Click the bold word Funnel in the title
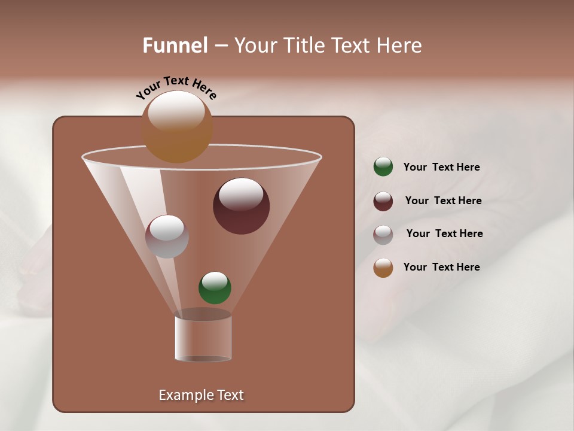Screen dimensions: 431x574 (x=175, y=45)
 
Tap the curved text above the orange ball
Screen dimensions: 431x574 (x=176, y=87)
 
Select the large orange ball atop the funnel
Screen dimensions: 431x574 (x=177, y=128)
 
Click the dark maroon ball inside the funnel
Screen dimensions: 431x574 (x=241, y=207)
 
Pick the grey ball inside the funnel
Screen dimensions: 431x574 (x=167, y=236)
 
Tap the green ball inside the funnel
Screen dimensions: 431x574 (x=215, y=287)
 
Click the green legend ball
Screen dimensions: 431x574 (x=383, y=167)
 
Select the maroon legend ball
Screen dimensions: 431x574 (x=383, y=201)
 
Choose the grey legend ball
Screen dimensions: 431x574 (x=383, y=234)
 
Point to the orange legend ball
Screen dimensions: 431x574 (x=383, y=268)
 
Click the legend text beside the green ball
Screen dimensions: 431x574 (x=441, y=167)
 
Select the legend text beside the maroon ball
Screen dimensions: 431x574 (x=443, y=201)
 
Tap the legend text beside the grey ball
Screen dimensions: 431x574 (x=444, y=233)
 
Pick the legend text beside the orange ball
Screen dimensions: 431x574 (x=441, y=267)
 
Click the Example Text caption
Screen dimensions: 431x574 (x=201, y=395)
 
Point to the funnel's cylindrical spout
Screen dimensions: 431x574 (x=203, y=338)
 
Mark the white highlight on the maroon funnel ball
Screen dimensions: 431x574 (x=241, y=194)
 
